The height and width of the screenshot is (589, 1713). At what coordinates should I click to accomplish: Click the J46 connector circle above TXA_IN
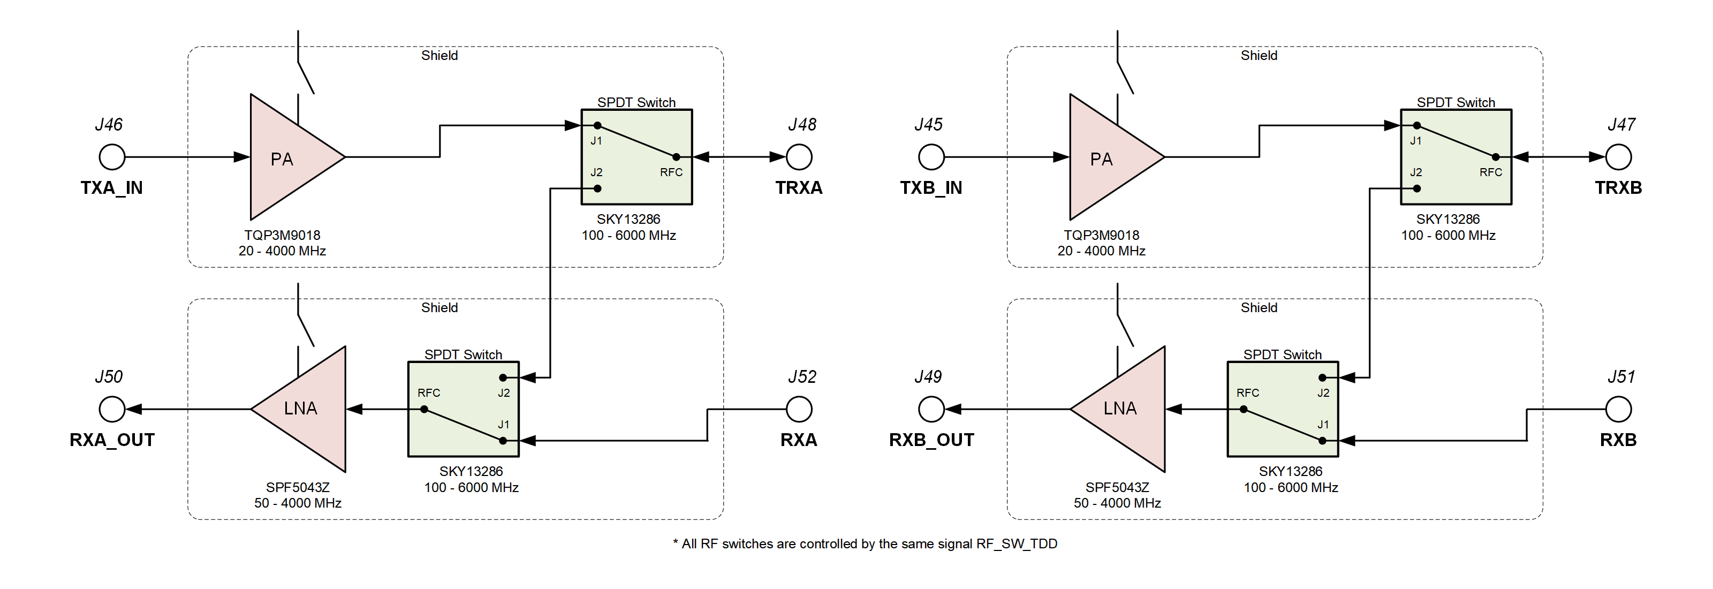pos(112,157)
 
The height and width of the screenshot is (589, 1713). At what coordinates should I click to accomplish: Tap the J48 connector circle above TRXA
pos(799,157)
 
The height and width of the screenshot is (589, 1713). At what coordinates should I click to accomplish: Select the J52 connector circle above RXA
pos(799,410)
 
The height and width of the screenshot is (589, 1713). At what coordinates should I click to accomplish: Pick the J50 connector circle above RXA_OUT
pos(112,410)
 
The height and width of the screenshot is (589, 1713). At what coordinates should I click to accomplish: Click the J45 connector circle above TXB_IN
pos(931,157)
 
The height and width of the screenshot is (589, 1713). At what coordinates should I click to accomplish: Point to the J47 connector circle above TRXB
pos(1618,157)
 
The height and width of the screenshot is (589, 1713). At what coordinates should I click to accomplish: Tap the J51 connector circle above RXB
pos(1618,410)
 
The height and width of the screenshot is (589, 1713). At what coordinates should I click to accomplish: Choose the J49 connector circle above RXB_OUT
pos(931,410)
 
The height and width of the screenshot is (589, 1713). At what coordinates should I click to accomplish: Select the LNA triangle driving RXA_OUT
pos(309,410)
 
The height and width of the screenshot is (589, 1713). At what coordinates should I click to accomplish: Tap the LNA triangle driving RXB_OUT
pos(1128,410)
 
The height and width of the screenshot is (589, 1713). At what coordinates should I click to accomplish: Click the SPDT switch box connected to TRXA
pos(636,157)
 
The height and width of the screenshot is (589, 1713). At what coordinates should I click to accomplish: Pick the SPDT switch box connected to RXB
pos(1282,409)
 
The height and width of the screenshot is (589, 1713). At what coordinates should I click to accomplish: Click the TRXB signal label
pos(1618,188)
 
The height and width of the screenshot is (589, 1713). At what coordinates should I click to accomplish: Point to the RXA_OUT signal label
pos(112,440)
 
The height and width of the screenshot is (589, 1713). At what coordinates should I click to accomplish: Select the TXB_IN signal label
pos(931,188)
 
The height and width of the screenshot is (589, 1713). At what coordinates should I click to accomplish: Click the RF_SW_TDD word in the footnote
pos(1016,544)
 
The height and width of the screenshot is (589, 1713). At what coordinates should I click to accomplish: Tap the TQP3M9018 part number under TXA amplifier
pos(282,236)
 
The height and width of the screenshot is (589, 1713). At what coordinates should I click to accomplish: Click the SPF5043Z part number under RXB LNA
pos(1117,487)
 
